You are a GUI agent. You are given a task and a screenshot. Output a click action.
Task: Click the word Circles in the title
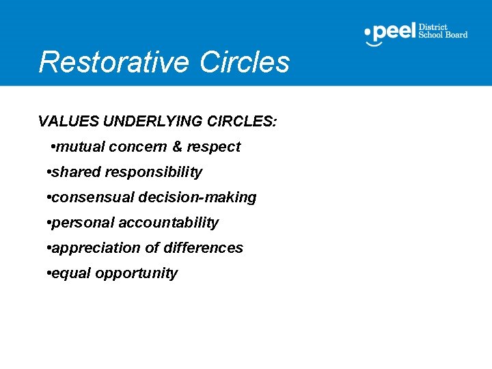(245, 61)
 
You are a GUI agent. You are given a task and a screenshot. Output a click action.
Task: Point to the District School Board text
(443, 31)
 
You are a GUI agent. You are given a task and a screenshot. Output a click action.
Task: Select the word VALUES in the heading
(68, 122)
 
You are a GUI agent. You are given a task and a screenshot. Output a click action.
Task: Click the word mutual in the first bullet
(79, 147)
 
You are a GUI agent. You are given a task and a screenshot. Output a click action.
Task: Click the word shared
(76, 172)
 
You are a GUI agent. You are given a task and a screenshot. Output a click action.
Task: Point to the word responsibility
(154, 172)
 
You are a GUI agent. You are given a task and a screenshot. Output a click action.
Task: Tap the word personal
(83, 223)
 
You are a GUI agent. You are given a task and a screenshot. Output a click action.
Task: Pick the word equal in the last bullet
(72, 273)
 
